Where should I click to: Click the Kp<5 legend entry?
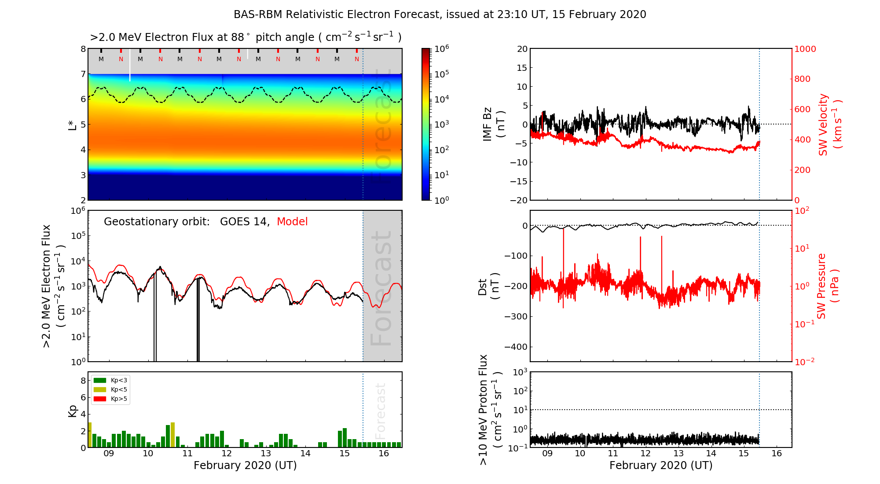(x=118, y=389)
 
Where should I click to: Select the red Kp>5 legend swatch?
(x=100, y=399)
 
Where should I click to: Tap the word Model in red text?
(x=292, y=222)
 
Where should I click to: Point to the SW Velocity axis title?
(x=830, y=125)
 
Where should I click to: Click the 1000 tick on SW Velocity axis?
(x=805, y=49)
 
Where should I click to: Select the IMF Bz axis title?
(x=493, y=125)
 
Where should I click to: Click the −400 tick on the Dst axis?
(x=516, y=347)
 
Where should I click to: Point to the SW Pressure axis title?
(x=827, y=286)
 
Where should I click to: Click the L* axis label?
(x=73, y=125)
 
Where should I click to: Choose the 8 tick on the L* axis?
(x=83, y=49)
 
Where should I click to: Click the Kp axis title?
(x=73, y=411)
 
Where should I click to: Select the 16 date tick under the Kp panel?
(x=384, y=454)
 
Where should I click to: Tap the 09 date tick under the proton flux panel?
(x=547, y=454)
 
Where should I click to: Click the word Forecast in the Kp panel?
(x=380, y=411)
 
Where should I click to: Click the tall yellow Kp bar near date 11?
(x=172, y=435)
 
